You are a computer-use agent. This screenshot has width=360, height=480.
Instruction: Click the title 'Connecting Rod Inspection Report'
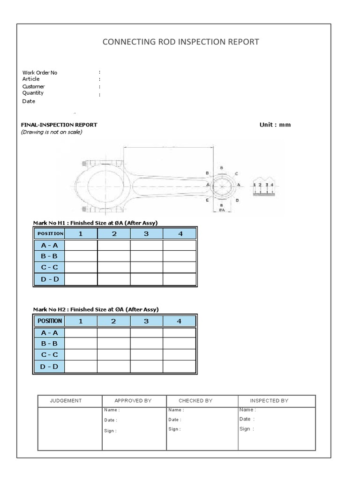(x=180, y=42)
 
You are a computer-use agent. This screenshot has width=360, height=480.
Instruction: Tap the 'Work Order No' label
(x=40, y=73)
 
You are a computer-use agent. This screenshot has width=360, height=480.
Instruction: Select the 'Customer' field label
(x=34, y=86)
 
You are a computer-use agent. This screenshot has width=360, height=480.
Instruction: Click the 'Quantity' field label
(x=33, y=93)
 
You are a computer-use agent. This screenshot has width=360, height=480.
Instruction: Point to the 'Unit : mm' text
(x=275, y=125)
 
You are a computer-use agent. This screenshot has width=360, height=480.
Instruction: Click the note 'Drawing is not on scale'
(x=52, y=132)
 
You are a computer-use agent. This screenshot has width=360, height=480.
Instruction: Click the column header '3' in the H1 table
(x=146, y=233)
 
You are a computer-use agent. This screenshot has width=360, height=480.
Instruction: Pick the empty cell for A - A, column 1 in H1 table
(x=81, y=245)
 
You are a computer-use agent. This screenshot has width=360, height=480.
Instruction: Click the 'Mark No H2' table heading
(x=96, y=309)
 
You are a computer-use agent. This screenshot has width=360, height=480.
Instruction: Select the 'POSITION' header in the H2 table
(x=49, y=321)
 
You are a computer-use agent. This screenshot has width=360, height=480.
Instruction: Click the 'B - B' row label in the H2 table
(x=49, y=344)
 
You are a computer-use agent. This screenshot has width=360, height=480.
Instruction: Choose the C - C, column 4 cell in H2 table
(x=179, y=355)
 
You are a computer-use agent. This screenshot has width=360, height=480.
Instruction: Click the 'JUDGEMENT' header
(x=66, y=401)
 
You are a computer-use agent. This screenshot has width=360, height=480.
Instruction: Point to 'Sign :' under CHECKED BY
(x=174, y=429)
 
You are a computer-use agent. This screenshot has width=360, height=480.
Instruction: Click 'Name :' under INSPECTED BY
(x=247, y=410)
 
